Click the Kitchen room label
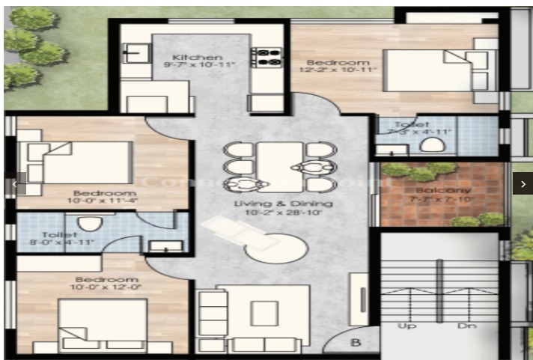pyautogui.click(x=197, y=58)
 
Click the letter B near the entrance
pyautogui.click(x=356, y=344)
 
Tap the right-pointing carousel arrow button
pyautogui.click(x=523, y=183)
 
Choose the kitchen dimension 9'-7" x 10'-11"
pyautogui.click(x=197, y=67)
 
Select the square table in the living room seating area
pyautogui.click(x=264, y=312)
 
